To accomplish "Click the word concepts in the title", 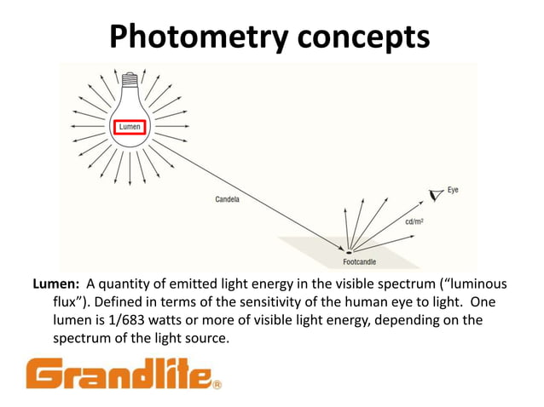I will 363,37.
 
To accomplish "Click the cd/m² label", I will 415,222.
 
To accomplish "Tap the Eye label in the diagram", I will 452,190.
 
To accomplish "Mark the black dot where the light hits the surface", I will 347,250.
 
